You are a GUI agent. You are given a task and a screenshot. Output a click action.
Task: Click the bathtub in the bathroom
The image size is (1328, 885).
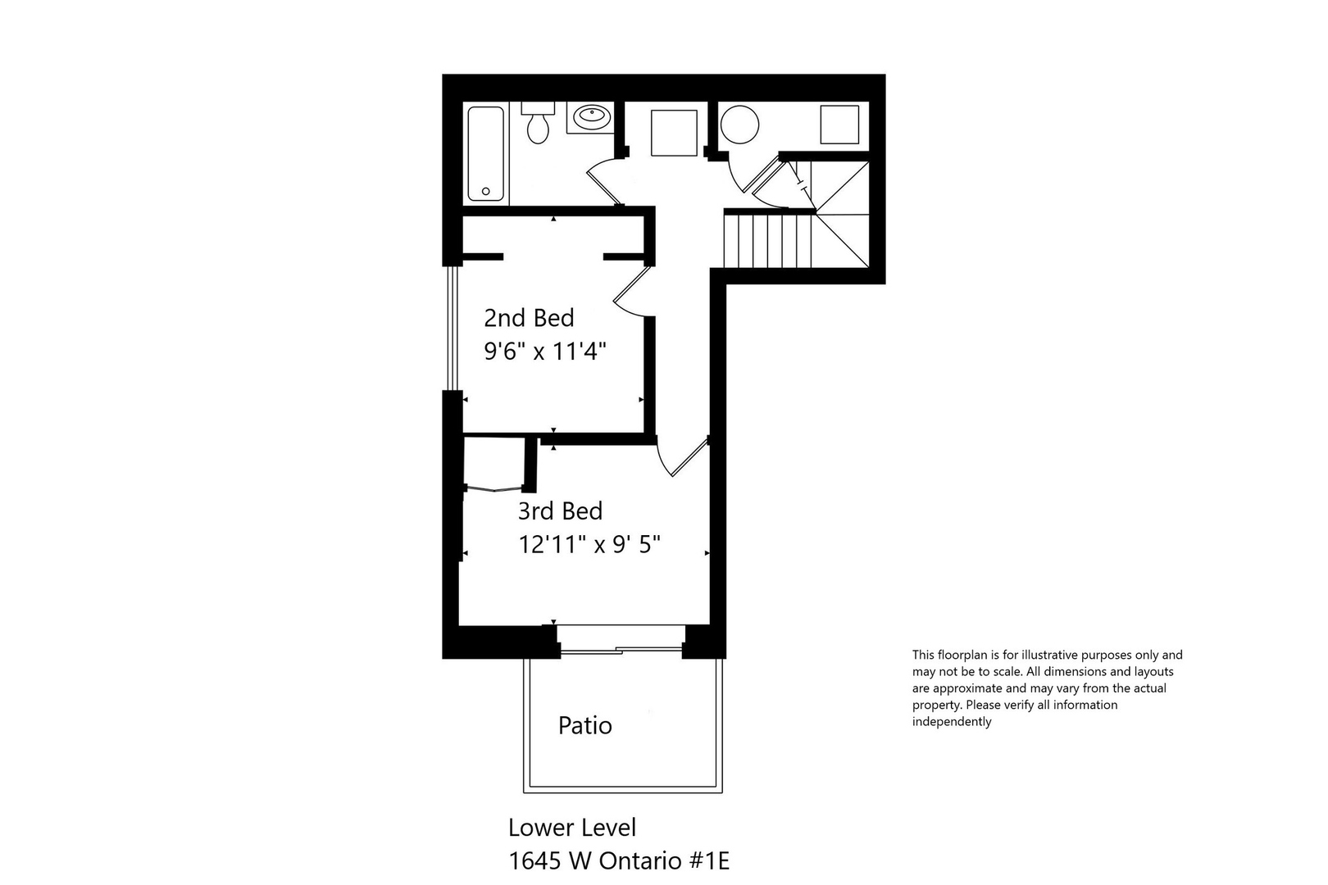tap(487, 155)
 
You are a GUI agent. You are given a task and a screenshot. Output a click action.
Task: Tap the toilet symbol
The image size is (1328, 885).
tap(538, 123)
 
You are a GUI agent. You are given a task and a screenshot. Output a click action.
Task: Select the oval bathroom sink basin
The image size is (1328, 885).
tap(590, 116)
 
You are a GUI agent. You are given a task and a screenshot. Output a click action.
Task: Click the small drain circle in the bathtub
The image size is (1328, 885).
tap(486, 192)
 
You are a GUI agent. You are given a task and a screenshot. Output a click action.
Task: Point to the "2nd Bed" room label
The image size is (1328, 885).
tap(529, 318)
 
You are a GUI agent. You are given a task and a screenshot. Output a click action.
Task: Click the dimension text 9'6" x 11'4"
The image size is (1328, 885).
tap(544, 352)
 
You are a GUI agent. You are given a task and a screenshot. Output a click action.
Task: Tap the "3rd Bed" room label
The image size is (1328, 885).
tap(560, 511)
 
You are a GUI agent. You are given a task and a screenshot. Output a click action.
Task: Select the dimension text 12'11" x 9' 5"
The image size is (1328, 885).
tap(589, 544)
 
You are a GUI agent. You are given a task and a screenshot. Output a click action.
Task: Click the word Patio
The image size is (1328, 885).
tap(584, 725)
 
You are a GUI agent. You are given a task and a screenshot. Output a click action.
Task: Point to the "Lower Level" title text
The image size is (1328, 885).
tap(571, 828)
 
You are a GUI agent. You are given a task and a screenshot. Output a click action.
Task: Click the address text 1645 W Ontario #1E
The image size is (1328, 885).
tap(619, 861)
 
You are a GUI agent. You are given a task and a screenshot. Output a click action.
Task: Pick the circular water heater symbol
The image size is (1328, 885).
tap(739, 125)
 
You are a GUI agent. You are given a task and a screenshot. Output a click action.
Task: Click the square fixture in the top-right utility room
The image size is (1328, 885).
tap(839, 125)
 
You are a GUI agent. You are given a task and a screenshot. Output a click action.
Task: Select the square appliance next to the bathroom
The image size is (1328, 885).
tap(674, 132)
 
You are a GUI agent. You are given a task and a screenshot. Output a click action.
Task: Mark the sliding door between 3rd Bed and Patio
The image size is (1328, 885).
tap(621, 651)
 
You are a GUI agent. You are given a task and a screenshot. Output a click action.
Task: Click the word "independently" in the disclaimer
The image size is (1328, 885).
tap(952, 722)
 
